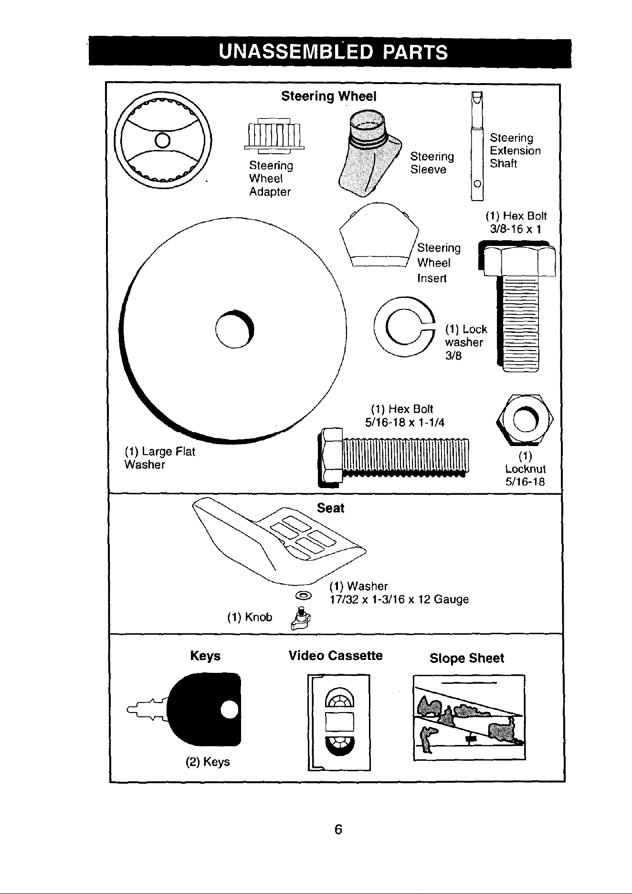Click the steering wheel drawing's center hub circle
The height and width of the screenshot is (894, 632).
pyautogui.click(x=163, y=140)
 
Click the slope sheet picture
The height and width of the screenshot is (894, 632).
pyautogui.click(x=469, y=717)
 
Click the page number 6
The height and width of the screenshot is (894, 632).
pyautogui.click(x=338, y=830)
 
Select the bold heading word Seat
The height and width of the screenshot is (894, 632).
pyautogui.click(x=330, y=508)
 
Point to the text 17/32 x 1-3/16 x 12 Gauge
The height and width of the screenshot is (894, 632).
pyautogui.click(x=400, y=599)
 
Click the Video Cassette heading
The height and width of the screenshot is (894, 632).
pyautogui.click(x=336, y=655)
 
